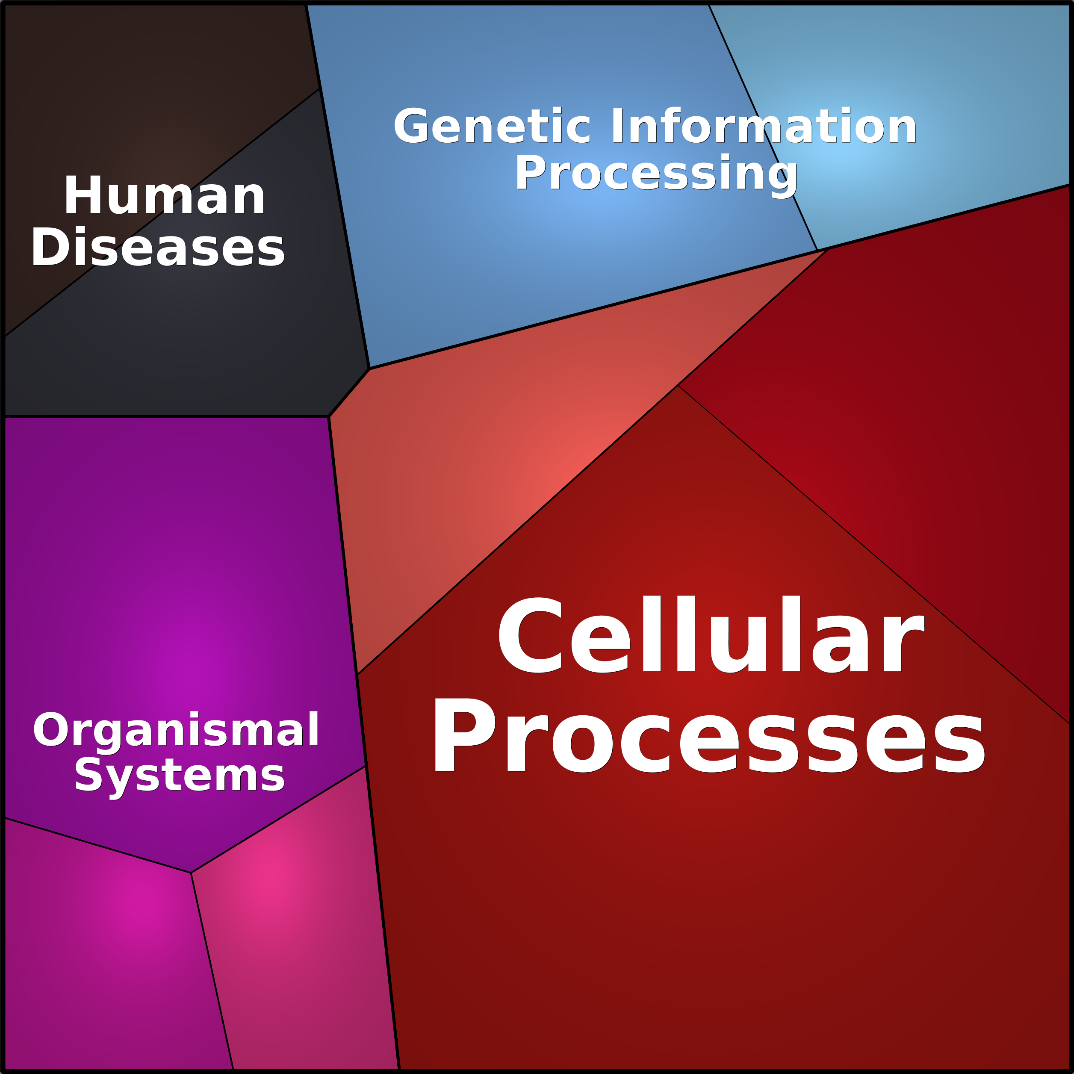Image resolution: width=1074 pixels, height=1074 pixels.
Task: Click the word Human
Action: tap(165, 196)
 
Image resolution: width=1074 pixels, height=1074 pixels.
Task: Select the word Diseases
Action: tap(158, 247)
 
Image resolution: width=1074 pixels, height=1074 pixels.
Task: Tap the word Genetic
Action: tap(492, 126)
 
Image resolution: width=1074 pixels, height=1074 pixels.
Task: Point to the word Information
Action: tap(764, 126)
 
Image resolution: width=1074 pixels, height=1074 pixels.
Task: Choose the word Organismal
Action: tap(176, 730)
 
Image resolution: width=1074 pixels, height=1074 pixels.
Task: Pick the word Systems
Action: tap(180, 776)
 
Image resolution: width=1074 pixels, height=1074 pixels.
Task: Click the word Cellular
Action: tap(711, 634)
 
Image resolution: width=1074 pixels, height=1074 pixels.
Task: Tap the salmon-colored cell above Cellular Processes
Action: tap(500, 445)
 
